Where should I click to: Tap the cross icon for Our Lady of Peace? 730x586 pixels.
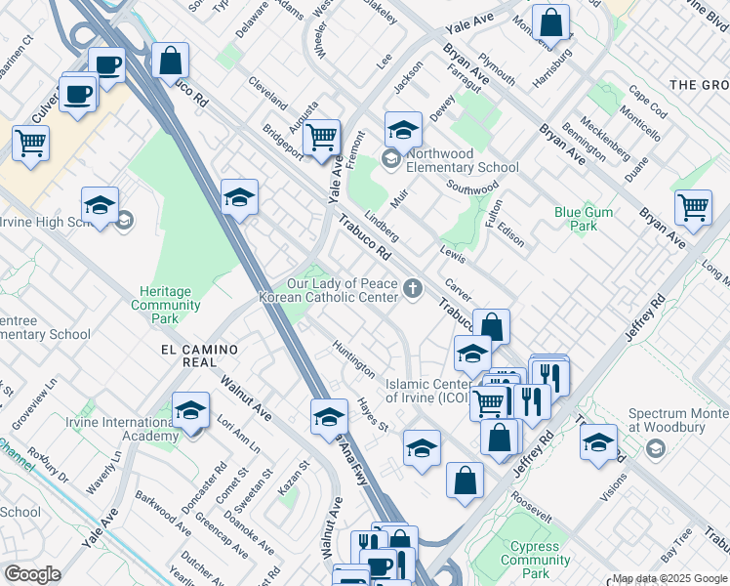click(x=414, y=289)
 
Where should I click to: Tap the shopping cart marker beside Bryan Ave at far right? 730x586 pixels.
click(x=693, y=206)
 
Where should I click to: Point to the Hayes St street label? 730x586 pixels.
click(x=373, y=416)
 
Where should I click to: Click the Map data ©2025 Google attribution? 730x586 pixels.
click(x=669, y=578)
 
